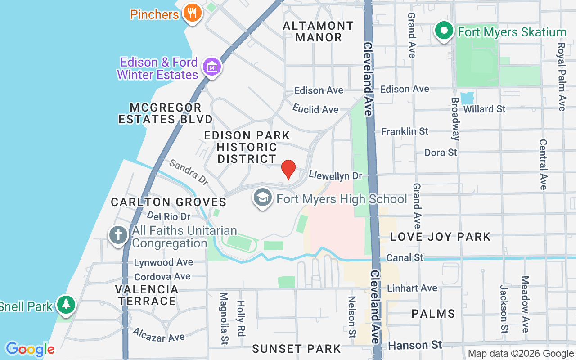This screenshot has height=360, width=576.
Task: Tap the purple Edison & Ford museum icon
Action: (x=211, y=67)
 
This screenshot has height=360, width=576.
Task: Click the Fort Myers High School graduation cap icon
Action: (x=263, y=198)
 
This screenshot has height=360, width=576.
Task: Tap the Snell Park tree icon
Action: (x=67, y=305)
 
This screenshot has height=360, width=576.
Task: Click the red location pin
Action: (x=288, y=169)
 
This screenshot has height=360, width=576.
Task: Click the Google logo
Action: (x=30, y=349)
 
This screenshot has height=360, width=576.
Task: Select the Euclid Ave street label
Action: (x=315, y=109)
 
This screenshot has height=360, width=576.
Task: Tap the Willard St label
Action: (x=484, y=109)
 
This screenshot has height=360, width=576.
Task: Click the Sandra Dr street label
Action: (x=189, y=172)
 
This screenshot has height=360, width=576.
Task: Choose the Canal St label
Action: (x=405, y=257)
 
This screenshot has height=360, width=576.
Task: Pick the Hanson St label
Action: (x=415, y=345)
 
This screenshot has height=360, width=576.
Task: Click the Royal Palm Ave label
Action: (x=561, y=76)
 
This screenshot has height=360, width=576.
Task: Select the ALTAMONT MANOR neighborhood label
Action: (x=319, y=31)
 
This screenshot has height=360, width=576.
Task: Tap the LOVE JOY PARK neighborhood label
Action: (x=440, y=237)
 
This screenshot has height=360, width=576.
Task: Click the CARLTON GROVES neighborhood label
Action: (x=168, y=202)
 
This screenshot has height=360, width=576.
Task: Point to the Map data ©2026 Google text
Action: (x=521, y=354)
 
